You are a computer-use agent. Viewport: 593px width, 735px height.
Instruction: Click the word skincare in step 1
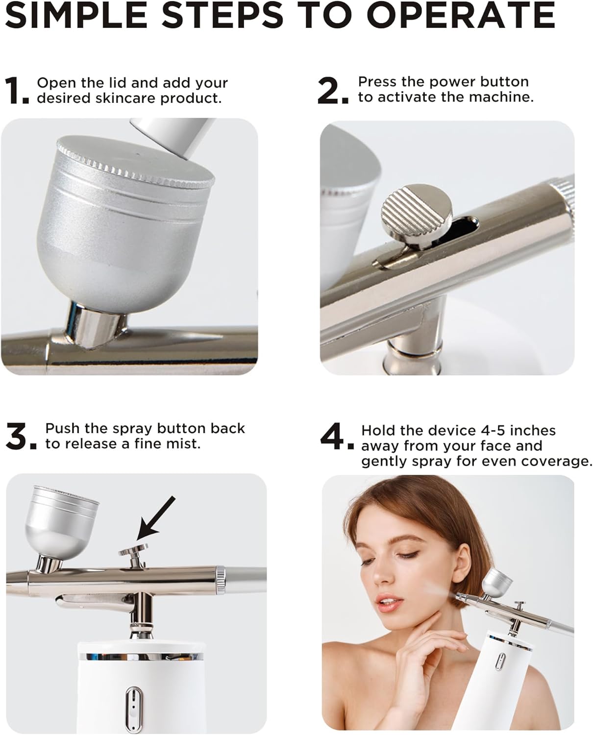pos(126,98)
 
